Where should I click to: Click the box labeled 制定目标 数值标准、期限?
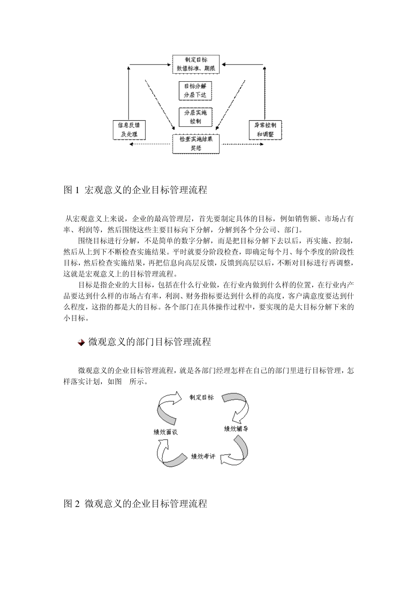196,64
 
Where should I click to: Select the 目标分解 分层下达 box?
195,90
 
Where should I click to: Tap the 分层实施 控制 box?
195,117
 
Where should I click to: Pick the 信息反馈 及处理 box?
129,130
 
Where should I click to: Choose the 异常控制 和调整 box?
265,130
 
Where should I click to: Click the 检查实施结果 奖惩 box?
196,144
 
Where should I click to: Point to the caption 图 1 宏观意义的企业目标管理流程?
135,190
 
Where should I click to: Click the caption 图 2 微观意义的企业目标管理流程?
135,504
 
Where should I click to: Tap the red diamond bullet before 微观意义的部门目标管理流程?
81,342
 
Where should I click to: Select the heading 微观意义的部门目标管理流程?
150,342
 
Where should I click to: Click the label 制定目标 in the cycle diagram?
201,397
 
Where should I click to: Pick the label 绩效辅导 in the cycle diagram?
236,428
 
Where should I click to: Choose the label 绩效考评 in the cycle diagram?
203,457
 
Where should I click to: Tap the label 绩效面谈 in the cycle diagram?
165,432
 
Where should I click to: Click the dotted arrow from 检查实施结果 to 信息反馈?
149,144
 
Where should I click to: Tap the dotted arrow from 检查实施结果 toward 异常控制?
241,144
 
